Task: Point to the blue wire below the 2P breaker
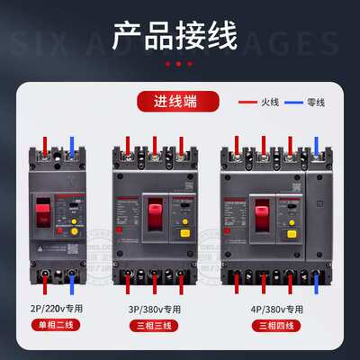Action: [70, 283]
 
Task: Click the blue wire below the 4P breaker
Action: [317, 284]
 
